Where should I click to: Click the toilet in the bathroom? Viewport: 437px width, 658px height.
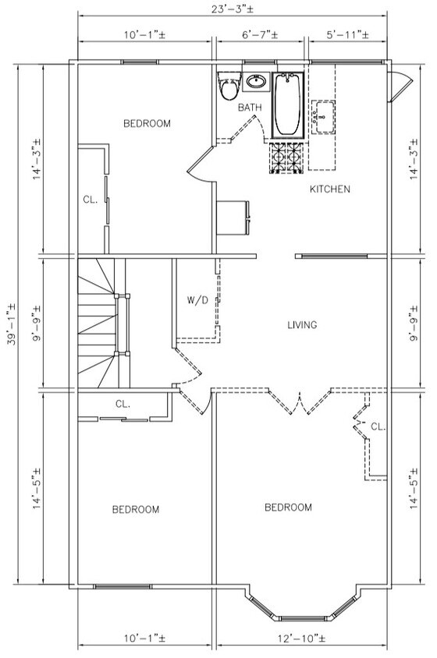point(229,89)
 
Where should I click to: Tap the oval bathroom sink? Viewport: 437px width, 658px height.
point(255,81)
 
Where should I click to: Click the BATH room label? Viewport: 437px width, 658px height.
point(250,108)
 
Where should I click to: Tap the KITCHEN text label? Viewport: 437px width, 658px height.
point(329,189)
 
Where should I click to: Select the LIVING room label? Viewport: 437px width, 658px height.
point(302,325)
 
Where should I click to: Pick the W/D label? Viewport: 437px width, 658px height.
point(196,299)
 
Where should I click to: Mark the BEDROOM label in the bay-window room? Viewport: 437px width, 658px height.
point(288,508)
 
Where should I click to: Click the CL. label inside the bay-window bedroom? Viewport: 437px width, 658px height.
point(378,426)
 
